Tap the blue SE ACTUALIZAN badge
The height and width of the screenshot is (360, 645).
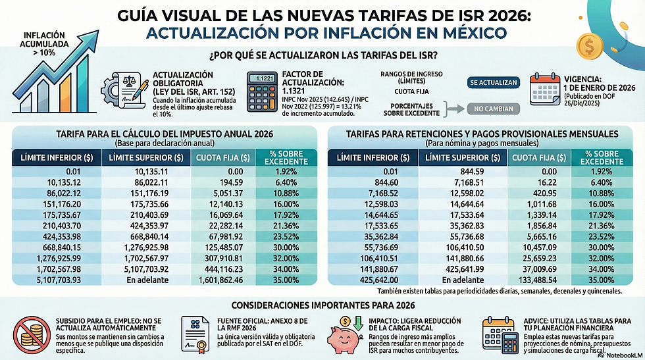(x=494, y=84)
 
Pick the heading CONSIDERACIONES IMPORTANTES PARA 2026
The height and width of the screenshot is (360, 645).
(x=322, y=305)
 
